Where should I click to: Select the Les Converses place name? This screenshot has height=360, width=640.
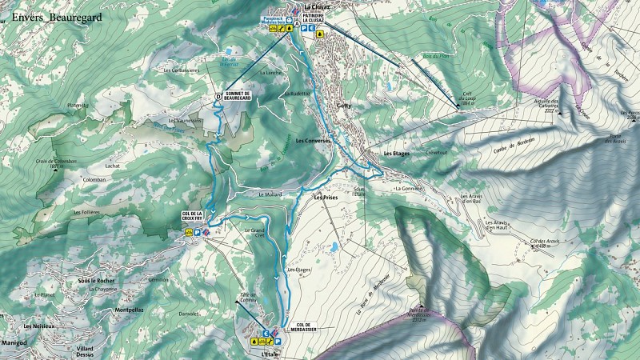pos(313,141)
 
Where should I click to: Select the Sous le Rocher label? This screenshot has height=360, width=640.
pos(98,281)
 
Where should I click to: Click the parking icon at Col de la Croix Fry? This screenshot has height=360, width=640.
pos(197,232)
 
